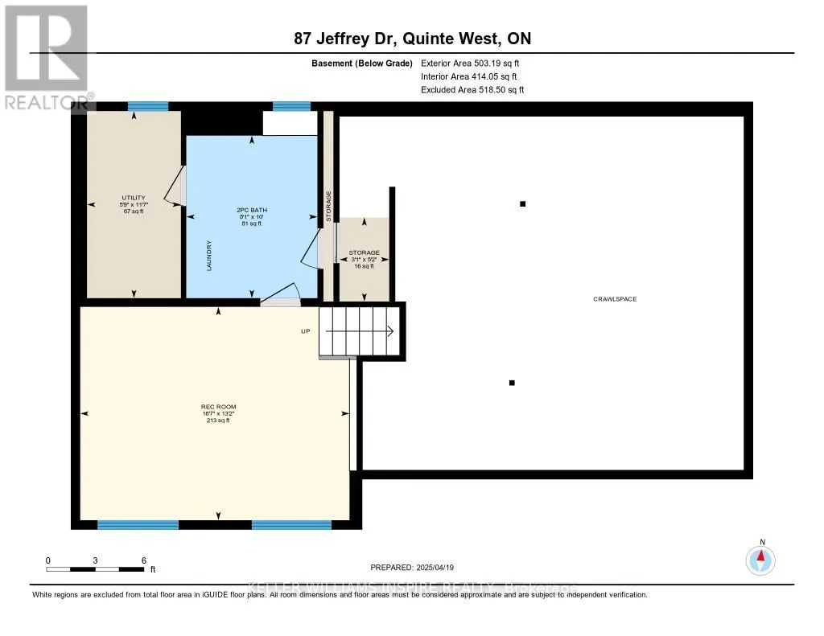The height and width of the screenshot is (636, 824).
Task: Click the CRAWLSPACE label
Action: [615, 299]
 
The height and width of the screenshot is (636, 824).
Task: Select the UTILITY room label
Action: [133, 197]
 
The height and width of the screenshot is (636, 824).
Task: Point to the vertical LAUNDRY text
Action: [208, 256]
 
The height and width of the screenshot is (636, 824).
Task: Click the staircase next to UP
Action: [359, 330]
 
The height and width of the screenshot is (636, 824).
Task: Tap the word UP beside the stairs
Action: [305, 331]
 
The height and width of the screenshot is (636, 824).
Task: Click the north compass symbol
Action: [760, 558]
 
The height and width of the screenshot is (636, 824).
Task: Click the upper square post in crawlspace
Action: [522, 204]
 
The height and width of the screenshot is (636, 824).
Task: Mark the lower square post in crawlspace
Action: [511, 383]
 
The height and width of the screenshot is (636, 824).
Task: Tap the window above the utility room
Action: [148, 106]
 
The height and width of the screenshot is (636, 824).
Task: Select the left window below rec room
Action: [138, 525]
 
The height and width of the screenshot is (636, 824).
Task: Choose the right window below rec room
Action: [291, 525]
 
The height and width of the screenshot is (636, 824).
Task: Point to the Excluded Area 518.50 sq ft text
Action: [472, 90]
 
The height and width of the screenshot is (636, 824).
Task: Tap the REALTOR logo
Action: [47, 56]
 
